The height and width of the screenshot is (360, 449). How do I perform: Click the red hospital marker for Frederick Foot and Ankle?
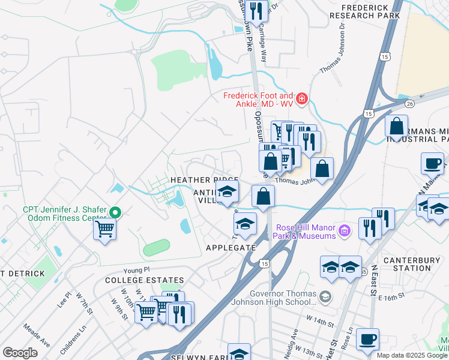click(x=301, y=98)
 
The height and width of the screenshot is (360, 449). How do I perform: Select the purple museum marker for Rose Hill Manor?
click(x=344, y=230)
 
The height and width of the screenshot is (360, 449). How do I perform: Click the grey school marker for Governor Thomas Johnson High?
click(x=325, y=296)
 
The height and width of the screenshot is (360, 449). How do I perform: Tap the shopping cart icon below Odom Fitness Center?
click(x=105, y=229)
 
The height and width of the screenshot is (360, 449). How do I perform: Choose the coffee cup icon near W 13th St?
click(x=367, y=339)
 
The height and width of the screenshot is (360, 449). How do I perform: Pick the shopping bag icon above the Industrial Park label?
click(x=396, y=127)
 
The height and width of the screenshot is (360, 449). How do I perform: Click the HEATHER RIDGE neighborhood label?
click(x=204, y=180)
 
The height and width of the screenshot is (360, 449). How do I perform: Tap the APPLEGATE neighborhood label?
click(x=231, y=247)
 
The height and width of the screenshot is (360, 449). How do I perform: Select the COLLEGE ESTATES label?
click(x=144, y=280)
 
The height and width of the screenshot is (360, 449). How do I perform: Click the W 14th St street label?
click(x=319, y=323)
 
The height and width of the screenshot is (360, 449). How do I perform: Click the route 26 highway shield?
click(x=409, y=103)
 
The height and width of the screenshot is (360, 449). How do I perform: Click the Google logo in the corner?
click(x=20, y=353)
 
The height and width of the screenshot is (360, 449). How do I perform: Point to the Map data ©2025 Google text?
click(x=411, y=355)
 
